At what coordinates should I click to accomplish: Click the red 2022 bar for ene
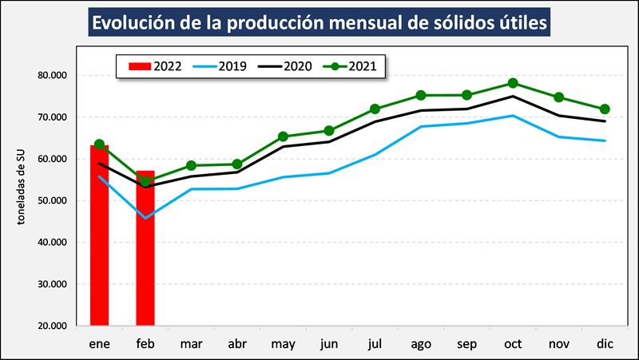(x=99, y=239)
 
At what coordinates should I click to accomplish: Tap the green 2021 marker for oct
(x=513, y=83)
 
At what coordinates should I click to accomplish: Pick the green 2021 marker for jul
(x=375, y=109)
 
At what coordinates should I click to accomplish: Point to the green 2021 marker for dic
(x=605, y=109)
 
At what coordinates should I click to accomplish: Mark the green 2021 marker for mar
(x=191, y=165)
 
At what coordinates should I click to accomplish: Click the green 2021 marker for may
(x=283, y=136)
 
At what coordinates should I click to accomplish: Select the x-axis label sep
(x=466, y=343)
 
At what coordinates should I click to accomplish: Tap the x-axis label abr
(x=236, y=343)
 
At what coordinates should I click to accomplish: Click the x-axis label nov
(x=558, y=343)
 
